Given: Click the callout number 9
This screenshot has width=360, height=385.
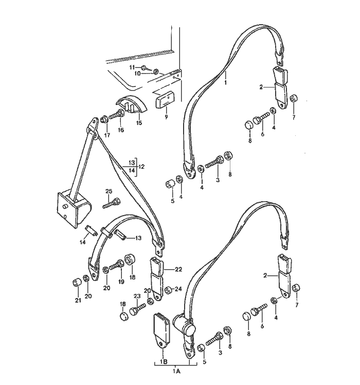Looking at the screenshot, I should (167, 117).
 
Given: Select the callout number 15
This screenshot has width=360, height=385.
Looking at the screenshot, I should (139, 123).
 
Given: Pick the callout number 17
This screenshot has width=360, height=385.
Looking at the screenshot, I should (107, 135).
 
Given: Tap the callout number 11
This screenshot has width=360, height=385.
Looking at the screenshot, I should (132, 67).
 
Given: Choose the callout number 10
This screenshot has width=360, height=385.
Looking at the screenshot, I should (137, 74).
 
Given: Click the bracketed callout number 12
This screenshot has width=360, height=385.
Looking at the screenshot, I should (141, 167).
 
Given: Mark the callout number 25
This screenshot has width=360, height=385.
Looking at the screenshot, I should (109, 191).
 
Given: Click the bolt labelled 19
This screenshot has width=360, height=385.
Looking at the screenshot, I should (117, 267).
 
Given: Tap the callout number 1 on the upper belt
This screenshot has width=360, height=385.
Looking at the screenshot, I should (225, 75).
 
